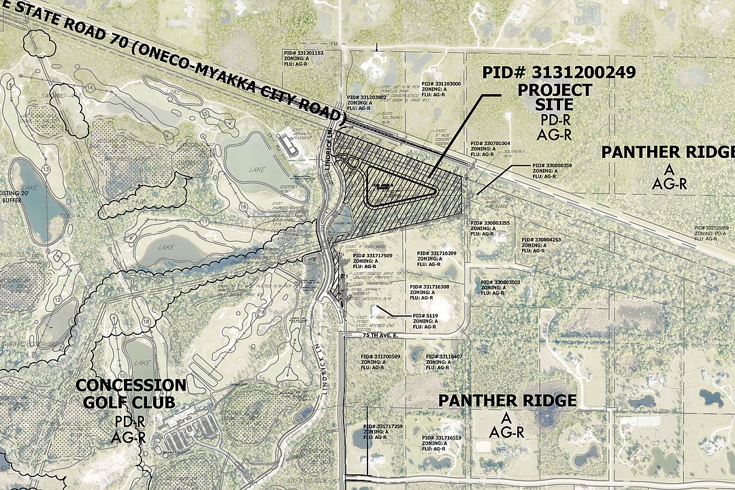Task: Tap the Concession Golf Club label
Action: [x=130, y=393]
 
